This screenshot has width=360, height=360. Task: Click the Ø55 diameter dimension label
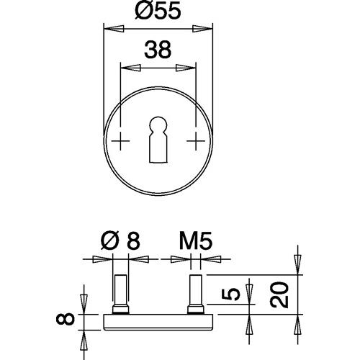coord(158,10)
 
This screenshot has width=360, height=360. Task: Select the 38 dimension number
coord(158,50)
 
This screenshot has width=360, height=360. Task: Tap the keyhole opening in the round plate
coord(158,140)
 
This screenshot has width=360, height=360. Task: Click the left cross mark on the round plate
coord(120,140)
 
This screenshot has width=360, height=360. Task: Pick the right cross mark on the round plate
coord(196,140)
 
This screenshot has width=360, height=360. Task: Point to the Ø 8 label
coord(120,240)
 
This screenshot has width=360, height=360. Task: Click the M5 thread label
coord(196,240)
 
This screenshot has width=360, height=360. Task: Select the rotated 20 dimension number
coord(279,295)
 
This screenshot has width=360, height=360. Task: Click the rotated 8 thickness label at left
coord(66,319)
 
